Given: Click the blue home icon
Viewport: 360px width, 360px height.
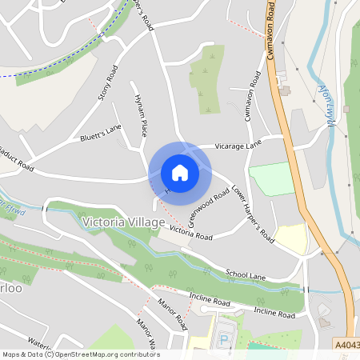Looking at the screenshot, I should pyautogui.click(x=180, y=172).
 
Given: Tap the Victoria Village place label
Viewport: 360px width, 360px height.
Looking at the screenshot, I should pyautogui.click(x=123, y=221).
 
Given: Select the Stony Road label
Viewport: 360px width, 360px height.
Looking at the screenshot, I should pyautogui.click(x=107, y=83).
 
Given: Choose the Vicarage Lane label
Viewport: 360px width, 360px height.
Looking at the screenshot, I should pyautogui.click(x=238, y=146).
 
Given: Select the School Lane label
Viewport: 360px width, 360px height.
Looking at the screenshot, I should pyautogui.click(x=245, y=275).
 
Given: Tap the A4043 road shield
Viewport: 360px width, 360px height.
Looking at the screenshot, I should pyautogui.click(x=346, y=345).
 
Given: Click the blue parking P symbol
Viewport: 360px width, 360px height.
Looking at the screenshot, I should pyautogui.click(x=224, y=338).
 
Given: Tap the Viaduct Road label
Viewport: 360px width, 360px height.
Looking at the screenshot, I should pyautogui.click(x=16, y=160).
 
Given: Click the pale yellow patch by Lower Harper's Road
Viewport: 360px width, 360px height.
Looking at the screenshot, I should pyautogui.click(x=291, y=238).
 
